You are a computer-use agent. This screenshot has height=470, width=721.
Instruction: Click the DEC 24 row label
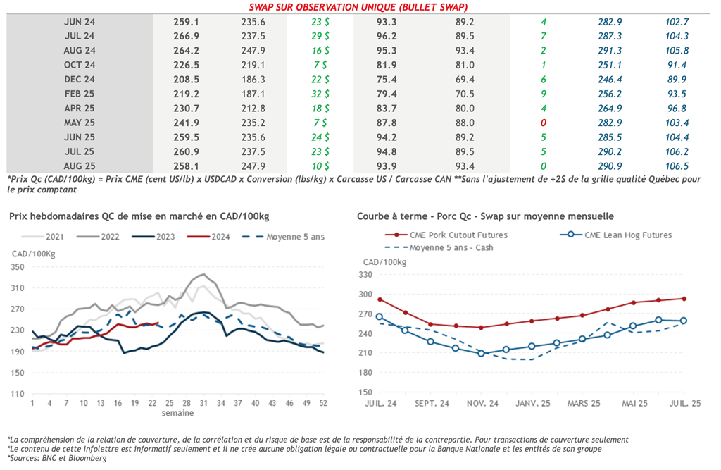[x=79, y=80]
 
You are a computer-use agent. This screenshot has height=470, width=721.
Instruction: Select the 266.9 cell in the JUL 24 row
[x=187, y=36]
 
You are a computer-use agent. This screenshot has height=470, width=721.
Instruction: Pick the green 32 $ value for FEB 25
[x=321, y=94]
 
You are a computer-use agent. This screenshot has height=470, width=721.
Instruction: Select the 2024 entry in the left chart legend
[x=220, y=237]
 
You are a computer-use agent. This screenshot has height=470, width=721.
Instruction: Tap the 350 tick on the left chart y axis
[x=17, y=267]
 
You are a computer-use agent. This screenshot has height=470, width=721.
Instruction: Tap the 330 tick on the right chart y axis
[x=365, y=275]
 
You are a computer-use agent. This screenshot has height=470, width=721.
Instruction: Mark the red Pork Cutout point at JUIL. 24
[x=380, y=299]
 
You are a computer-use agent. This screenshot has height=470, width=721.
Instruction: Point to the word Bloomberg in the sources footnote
[x=89, y=458]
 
